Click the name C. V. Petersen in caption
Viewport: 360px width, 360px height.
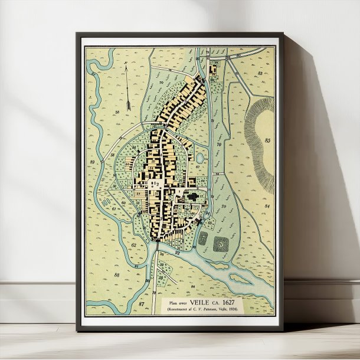pyautogui.click(x=207, y=309)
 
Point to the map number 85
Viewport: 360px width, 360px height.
pyautogui.click(x=268, y=140)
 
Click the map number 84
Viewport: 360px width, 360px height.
pyautogui.click(x=266, y=206)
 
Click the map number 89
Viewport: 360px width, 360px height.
pyautogui.click(x=92, y=161)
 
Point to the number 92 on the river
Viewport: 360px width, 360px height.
pyautogui.click(x=178, y=253)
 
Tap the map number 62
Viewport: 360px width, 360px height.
pyautogui.click(x=133, y=244)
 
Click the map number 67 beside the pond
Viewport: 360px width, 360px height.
pyautogui.click(x=198, y=168)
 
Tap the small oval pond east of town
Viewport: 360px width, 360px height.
pyautogui.click(x=199, y=158)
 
